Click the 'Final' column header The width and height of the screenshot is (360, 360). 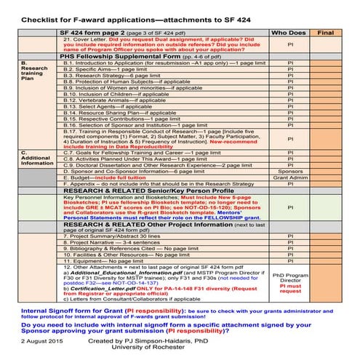pyautogui.click(x=327, y=33)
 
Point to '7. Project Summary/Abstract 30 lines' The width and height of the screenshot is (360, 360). pyautogui.click(x=113, y=237)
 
